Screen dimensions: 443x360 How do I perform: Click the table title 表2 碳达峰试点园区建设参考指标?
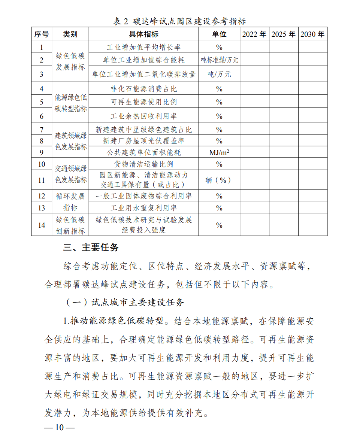coord(179,21)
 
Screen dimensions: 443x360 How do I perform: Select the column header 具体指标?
coord(143,34)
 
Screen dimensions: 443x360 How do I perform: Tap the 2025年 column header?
coord(283,34)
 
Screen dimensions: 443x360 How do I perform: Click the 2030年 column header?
coord(312,34)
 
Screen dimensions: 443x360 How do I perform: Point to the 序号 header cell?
coord(41,34)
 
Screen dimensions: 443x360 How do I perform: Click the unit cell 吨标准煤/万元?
coord(219,60)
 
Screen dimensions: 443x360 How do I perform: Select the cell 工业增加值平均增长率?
coord(143,47)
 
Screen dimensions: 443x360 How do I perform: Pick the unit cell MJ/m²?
coord(219,152)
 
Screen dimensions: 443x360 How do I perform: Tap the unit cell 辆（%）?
coord(219,180)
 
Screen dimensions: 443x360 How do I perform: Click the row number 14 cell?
coord(41,225)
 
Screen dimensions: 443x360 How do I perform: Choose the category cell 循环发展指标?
coord(70,202)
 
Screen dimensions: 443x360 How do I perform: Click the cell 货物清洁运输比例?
coord(143,164)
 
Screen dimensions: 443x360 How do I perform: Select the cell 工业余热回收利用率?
coord(143,116)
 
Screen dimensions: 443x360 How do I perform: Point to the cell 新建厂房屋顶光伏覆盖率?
coord(143,141)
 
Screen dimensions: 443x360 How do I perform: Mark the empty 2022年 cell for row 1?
coord(254,47)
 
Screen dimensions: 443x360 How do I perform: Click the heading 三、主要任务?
coord(91,248)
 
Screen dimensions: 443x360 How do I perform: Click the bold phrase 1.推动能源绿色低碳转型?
coord(114,321)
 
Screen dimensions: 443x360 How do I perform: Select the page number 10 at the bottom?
coord(60,428)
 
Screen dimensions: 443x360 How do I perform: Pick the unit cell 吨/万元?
coord(219,74)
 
